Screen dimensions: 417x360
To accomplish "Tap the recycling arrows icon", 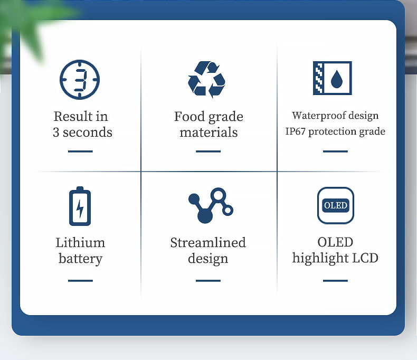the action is [x=206, y=80].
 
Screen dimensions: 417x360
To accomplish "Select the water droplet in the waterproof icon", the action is [x=337, y=79].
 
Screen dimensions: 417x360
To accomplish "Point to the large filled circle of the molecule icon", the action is [x=205, y=215].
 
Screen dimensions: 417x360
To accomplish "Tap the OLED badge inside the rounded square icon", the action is [x=336, y=205].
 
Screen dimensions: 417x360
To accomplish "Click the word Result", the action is [x=73, y=116].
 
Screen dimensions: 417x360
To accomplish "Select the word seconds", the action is [x=88, y=132].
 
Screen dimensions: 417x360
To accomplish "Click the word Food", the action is [x=189, y=117].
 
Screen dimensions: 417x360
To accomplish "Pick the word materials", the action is [x=209, y=132].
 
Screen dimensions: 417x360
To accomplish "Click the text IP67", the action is [x=295, y=131].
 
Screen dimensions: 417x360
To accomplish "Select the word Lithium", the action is [x=80, y=242].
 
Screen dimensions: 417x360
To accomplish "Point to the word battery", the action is [x=80, y=259].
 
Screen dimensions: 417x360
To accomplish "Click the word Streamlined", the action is [x=208, y=242].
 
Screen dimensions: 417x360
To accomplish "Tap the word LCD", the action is [x=365, y=258].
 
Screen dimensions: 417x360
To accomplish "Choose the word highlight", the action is [x=320, y=258].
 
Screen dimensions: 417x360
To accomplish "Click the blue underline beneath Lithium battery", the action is [x=80, y=280].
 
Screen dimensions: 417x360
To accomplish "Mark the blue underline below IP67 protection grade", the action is [x=335, y=151].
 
